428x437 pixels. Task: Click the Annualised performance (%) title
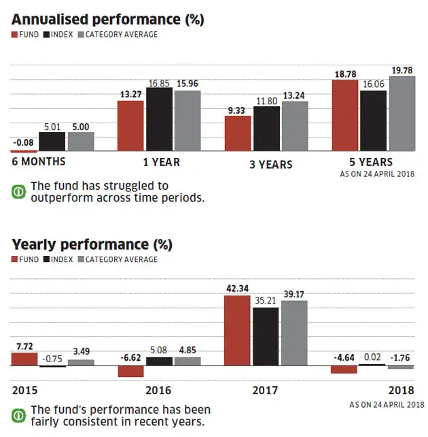[x=107, y=19]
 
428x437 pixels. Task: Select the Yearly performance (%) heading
[x=92, y=244]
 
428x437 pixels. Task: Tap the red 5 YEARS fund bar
[x=344, y=115]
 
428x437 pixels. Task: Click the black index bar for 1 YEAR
[x=160, y=119]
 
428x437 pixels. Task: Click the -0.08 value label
[x=24, y=142]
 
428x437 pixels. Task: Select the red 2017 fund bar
[x=237, y=331]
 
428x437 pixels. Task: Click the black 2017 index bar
[x=266, y=336]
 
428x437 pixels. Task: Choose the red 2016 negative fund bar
[x=130, y=371]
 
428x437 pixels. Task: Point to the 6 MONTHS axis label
[x=39, y=162]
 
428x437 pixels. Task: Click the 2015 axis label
[x=25, y=391]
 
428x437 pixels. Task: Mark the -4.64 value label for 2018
[x=344, y=357]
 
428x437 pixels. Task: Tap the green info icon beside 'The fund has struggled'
[x=18, y=191]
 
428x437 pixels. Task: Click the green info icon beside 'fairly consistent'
[x=18, y=415]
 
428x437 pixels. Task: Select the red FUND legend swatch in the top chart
[x=15, y=35]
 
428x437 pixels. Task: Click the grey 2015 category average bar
[x=81, y=362]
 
